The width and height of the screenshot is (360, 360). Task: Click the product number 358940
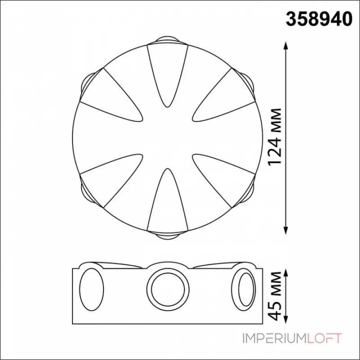[319, 19]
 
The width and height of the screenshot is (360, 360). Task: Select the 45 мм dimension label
[275, 296]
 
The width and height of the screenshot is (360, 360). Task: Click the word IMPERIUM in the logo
[274, 339]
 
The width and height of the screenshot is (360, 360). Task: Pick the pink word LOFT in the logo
[324, 339]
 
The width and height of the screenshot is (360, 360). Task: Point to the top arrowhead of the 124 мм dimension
[286, 45]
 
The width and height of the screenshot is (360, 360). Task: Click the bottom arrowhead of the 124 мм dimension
[286, 230]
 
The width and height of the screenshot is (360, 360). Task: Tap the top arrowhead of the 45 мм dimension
[286, 273]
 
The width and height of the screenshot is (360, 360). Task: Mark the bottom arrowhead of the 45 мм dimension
[286, 319]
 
